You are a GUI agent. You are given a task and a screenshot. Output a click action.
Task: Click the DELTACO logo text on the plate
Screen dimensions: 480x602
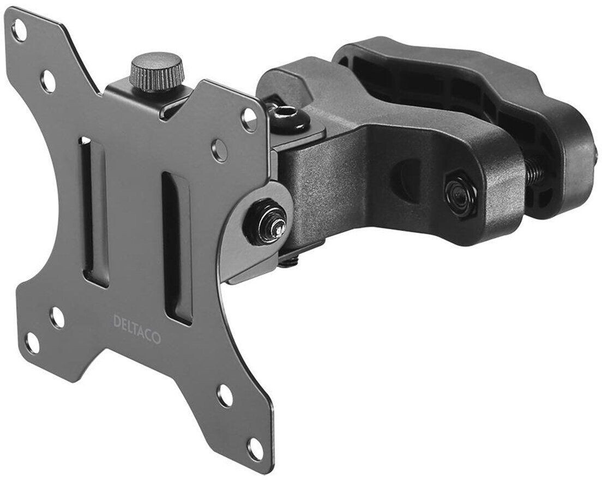coord(136,329)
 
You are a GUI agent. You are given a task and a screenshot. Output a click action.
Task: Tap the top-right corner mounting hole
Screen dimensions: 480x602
coord(249,118)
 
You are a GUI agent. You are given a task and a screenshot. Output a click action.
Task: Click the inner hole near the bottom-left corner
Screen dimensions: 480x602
coord(57,317)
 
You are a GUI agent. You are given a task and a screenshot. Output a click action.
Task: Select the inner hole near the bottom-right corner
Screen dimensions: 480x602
coord(225,395)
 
